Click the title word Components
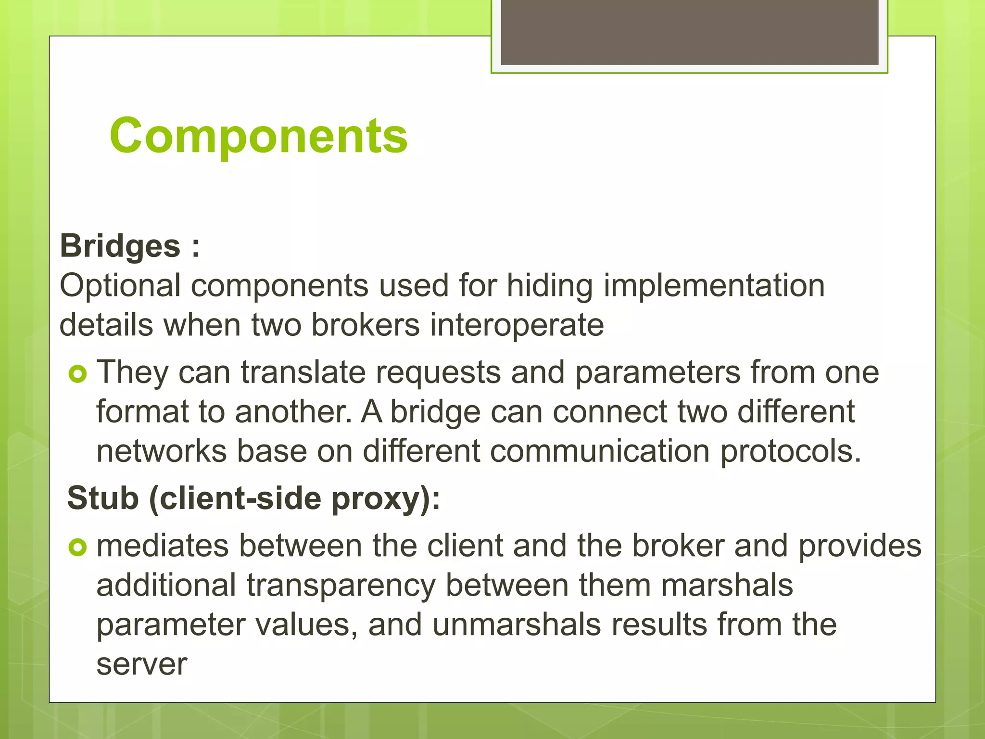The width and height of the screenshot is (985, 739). (x=258, y=136)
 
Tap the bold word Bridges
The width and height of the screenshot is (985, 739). (x=120, y=246)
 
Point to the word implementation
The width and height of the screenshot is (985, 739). (x=714, y=285)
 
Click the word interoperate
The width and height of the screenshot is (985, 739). (x=517, y=325)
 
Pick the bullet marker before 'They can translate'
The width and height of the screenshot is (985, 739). (x=77, y=374)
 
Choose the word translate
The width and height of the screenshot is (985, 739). (x=303, y=372)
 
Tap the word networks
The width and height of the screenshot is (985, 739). (x=162, y=451)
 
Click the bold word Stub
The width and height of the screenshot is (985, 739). (x=103, y=498)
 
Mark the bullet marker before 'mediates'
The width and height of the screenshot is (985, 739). (x=77, y=547)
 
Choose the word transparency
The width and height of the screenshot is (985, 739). (x=341, y=586)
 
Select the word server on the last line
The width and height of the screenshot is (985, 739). (x=142, y=665)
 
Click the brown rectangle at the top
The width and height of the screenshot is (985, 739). (x=689, y=32)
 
